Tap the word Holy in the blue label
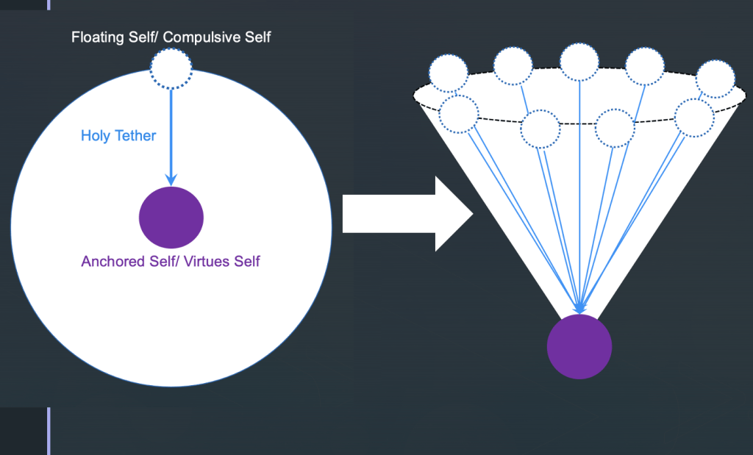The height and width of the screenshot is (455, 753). tap(96, 135)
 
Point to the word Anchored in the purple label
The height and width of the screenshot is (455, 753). tap(111, 262)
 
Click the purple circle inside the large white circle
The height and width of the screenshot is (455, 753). tap(171, 218)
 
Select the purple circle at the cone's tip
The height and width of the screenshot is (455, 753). tap(579, 347)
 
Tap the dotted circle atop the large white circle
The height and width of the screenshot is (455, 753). tap(171, 69)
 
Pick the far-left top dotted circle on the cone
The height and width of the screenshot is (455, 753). tap(449, 74)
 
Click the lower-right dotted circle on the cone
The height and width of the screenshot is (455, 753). tap(693, 117)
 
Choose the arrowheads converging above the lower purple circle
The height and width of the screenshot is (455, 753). tap(579, 307)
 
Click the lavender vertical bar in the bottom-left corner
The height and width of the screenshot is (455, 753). tap(49, 431)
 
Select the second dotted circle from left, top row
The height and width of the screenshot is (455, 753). tap(513, 66)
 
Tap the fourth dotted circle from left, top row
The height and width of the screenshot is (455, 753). tap(645, 68)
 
